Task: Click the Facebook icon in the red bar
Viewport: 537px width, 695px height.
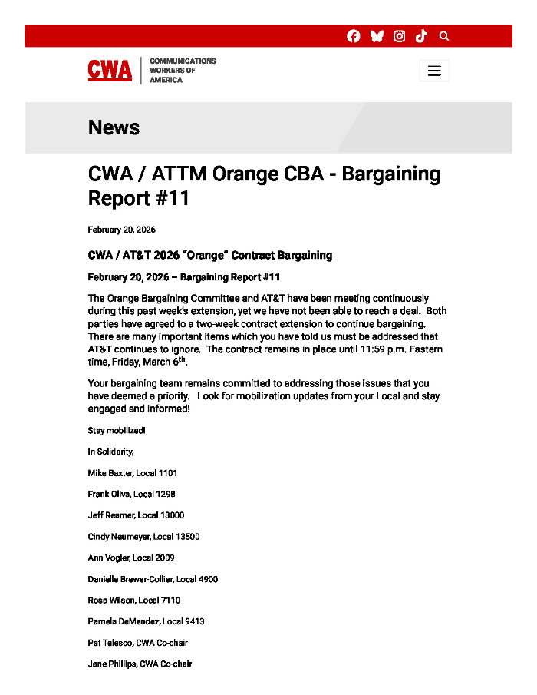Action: [x=354, y=36]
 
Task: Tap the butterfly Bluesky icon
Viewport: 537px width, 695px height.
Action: [x=377, y=36]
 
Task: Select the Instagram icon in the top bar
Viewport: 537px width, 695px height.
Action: [x=399, y=36]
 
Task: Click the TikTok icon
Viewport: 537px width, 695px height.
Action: [x=421, y=36]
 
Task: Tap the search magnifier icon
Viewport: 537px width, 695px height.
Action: [x=444, y=36]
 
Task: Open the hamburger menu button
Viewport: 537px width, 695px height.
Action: [x=434, y=71]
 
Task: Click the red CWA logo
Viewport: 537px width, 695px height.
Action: [x=110, y=71]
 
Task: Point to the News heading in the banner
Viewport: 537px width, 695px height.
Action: [x=114, y=127]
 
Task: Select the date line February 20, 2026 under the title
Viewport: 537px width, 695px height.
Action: [x=121, y=230]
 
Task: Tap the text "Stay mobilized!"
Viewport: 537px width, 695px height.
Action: [x=117, y=431]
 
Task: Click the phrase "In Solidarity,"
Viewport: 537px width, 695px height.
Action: [x=110, y=452]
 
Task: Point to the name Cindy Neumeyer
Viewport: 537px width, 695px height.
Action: [x=118, y=537]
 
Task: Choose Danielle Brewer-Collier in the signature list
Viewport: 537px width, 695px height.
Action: [x=130, y=579]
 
